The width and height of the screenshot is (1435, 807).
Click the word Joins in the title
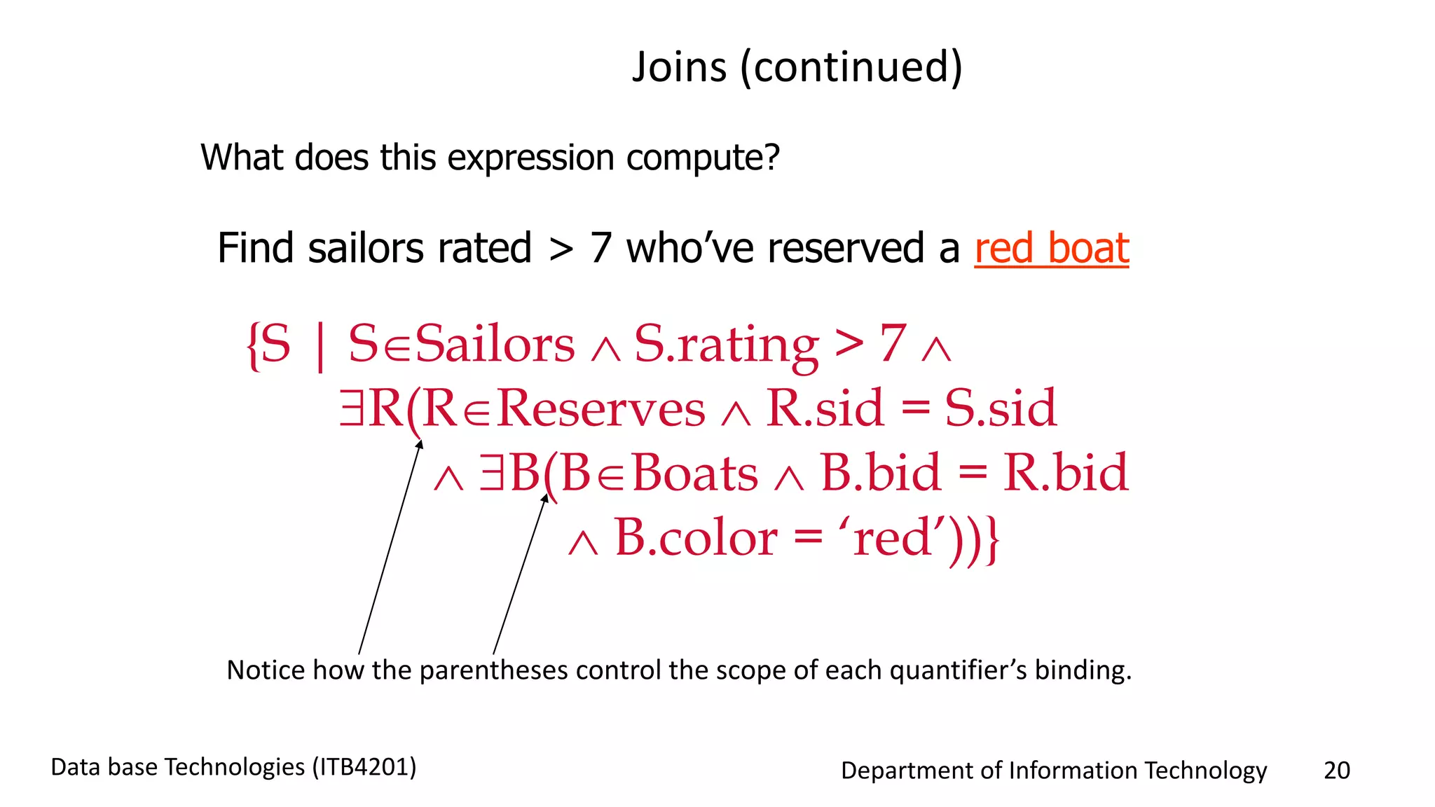[x=679, y=67]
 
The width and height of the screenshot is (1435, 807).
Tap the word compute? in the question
[x=703, y=158]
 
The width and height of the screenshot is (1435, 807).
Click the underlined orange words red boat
[x=1051, y=248]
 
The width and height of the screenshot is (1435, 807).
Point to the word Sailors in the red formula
[x=495, y=344]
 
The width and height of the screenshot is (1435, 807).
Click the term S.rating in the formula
[x=726, y=344]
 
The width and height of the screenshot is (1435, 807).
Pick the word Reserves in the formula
[x=601, y=408]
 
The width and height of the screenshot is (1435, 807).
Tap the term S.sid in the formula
[x=1000, y=408]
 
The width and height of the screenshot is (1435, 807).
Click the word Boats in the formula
[x=694, y=473]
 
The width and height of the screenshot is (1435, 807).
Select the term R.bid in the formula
[x=1065, y=473]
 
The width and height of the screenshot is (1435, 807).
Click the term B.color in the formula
[x=695, y=538]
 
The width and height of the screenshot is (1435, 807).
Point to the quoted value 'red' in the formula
[x=892, y=538]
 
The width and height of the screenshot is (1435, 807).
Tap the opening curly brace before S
[x=253, y=344]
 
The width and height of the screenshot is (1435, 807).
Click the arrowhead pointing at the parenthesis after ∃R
[x=420, y=444]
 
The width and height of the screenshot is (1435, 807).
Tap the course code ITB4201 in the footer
[x=364, y=767]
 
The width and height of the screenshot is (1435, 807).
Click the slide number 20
[x=1336, y=770]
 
